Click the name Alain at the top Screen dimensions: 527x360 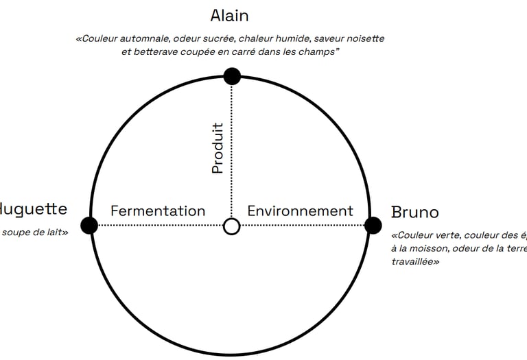[229, 15]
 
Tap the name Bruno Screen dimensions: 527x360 [414, 211]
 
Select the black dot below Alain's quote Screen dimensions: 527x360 [232, 76]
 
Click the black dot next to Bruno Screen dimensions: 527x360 [373, 225]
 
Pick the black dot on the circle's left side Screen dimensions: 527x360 [89, 225]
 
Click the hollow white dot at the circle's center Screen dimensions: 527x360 [232, 226]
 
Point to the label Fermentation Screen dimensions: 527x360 [158, 211]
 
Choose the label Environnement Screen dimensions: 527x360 [300, 211]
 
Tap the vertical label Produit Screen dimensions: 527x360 [218, 147]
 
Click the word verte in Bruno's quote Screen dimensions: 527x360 [449, 234]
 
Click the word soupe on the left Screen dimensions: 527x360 [16, 232]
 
